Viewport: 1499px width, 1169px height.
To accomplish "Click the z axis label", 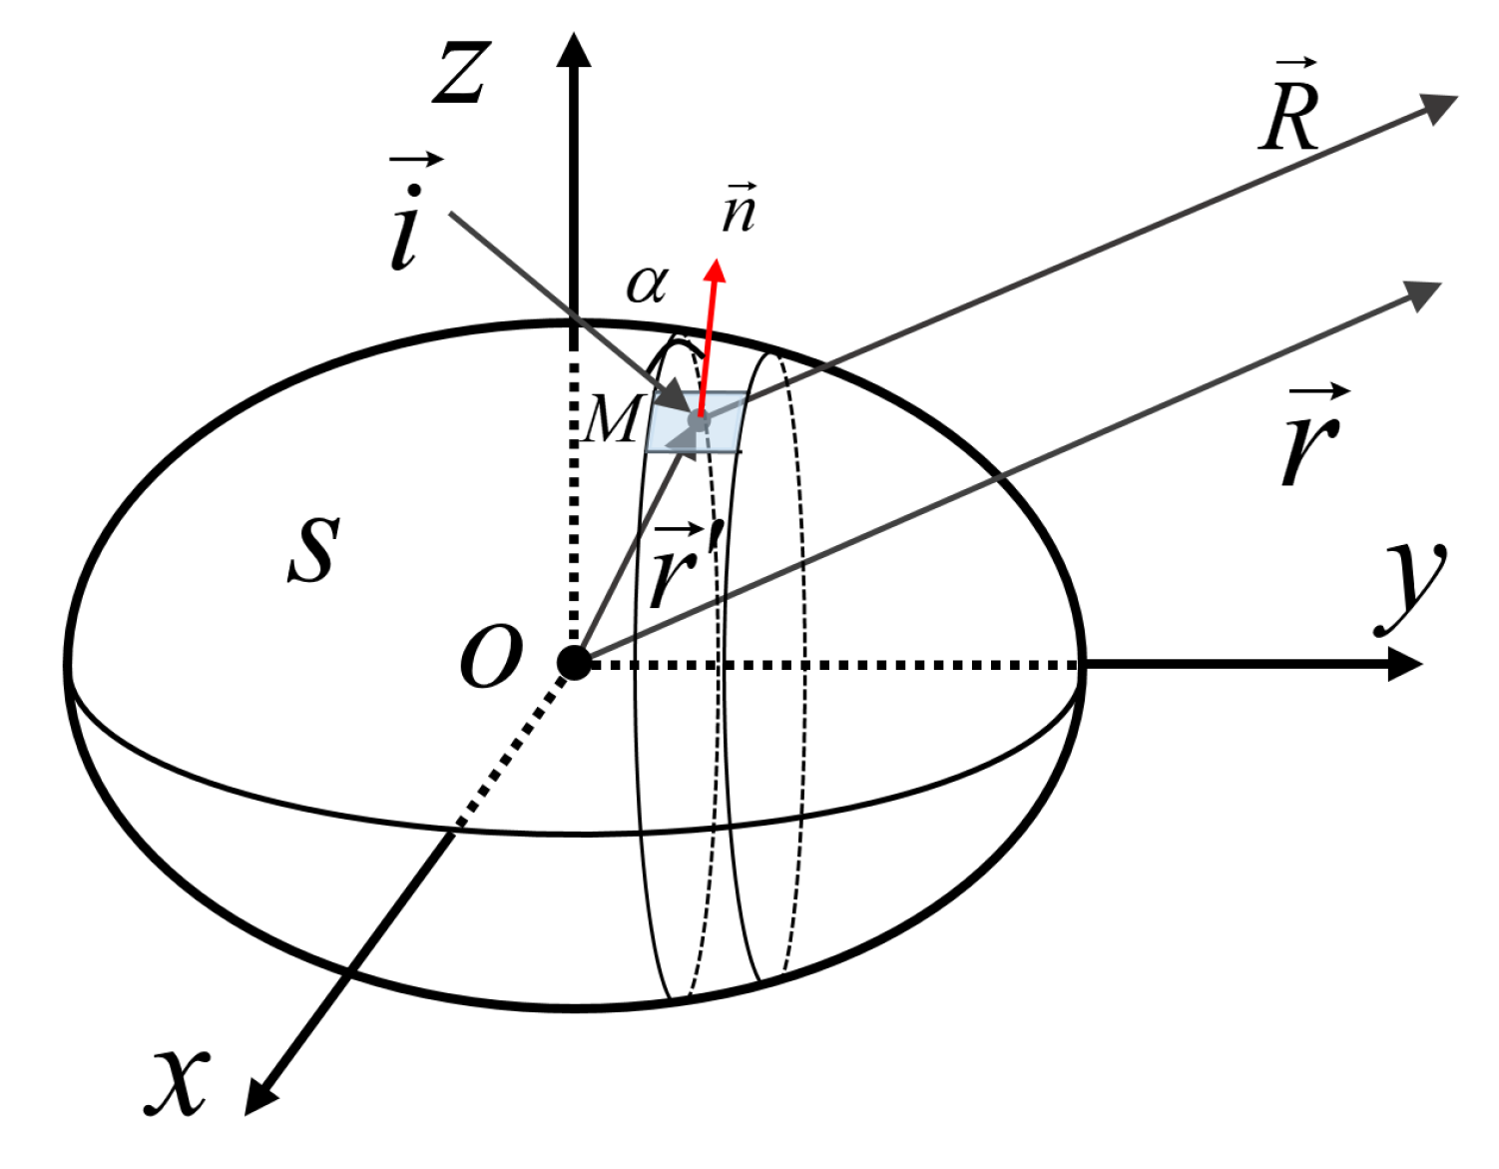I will pyautogui.click(x=461, y=74).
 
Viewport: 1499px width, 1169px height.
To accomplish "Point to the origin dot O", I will pyautogui.click(x=574, y=662).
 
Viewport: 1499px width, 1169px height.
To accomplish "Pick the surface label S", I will pyautogui.click(x=313, y=549).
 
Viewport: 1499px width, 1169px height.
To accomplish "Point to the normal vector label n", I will pyautogui.click(x=740, y=210).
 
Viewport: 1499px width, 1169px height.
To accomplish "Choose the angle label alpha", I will pyautogui.click(x=646, y=285).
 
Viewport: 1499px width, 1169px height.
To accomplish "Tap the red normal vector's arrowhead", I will pyautogui.click(x=715, y=271).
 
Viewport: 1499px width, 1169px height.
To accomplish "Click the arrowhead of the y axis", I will pyautogui.click(x=1407, y=664).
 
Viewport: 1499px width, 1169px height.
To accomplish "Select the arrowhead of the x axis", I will pyautogui.click(x=258, y=1099).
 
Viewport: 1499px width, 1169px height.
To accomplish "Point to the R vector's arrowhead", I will pyautogui.click(x=1441, y=106).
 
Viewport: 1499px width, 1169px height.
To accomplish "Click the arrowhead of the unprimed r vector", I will pyautogui.click(x=1425, y=293).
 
